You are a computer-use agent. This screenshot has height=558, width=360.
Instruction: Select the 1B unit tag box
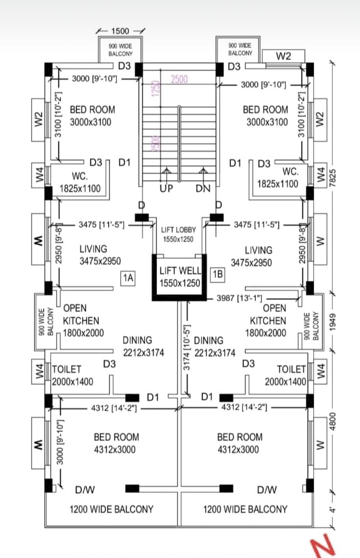218,274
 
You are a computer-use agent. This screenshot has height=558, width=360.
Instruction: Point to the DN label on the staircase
203,189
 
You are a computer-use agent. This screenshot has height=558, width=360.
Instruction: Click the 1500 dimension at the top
120,31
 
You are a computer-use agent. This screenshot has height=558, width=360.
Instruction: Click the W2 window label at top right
283,56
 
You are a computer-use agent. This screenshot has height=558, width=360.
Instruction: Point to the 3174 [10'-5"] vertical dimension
187,348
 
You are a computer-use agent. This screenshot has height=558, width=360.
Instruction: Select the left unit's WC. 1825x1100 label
80,182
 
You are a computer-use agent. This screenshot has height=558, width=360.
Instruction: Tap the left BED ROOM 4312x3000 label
116,443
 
